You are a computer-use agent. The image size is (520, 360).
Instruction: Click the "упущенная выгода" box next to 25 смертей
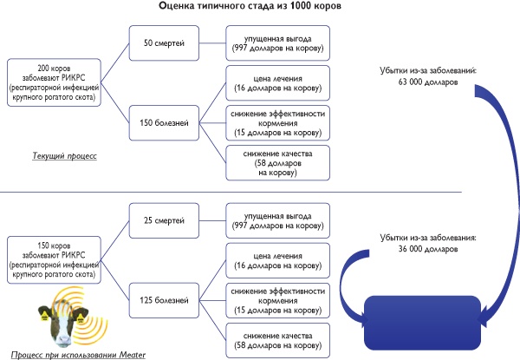click(276, 220)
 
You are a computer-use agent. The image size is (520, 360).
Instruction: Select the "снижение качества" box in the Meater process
click(276, 341)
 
